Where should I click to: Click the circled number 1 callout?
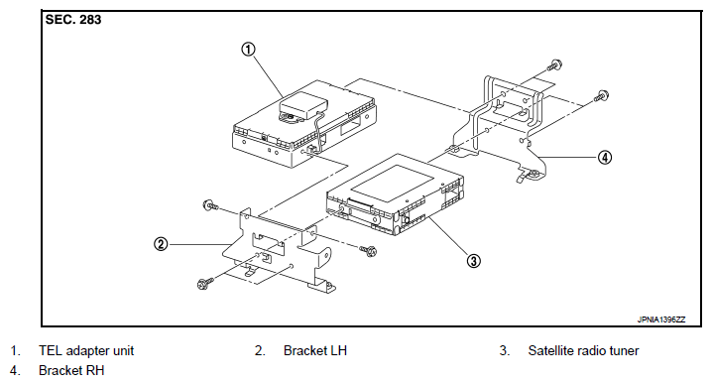point(248,49)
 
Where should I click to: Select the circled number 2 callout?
point(161,244)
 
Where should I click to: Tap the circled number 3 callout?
point(474,261)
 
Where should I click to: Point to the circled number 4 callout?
point(604,158)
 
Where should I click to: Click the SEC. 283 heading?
point(73,20)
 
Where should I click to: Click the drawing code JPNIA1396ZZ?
point(661,320)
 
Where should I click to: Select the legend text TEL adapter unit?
point(86,351)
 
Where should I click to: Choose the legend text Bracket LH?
point(315,351)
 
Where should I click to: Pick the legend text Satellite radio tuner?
point(583,351)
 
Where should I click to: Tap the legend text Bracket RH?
point(71,371)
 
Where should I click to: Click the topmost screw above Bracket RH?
point(554,64)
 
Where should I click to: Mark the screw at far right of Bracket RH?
point(601,96)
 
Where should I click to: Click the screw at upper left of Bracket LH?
point(210,205)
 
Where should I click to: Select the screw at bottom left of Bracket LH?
point(204,284)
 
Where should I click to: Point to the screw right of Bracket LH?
point(368,250)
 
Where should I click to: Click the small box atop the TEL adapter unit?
point(303,105)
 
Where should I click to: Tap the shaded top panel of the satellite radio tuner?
point(393,184)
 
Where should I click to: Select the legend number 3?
point(505,351)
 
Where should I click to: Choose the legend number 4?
point(15,371)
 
